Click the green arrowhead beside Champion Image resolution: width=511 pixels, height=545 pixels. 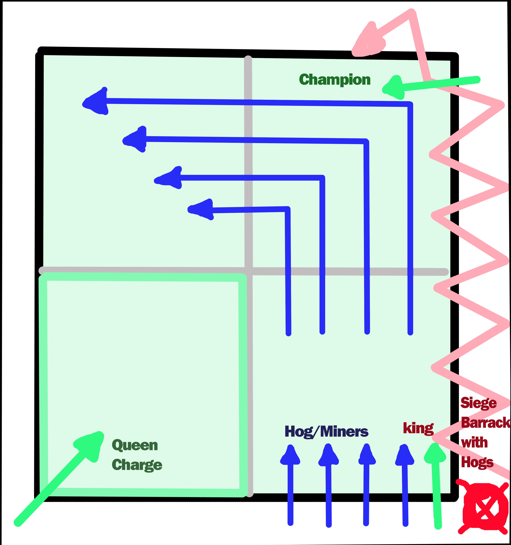coord(393,88)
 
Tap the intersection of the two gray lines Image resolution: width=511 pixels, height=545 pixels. coord(248,271)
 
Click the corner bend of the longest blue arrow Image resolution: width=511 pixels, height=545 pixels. coord(410,104)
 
